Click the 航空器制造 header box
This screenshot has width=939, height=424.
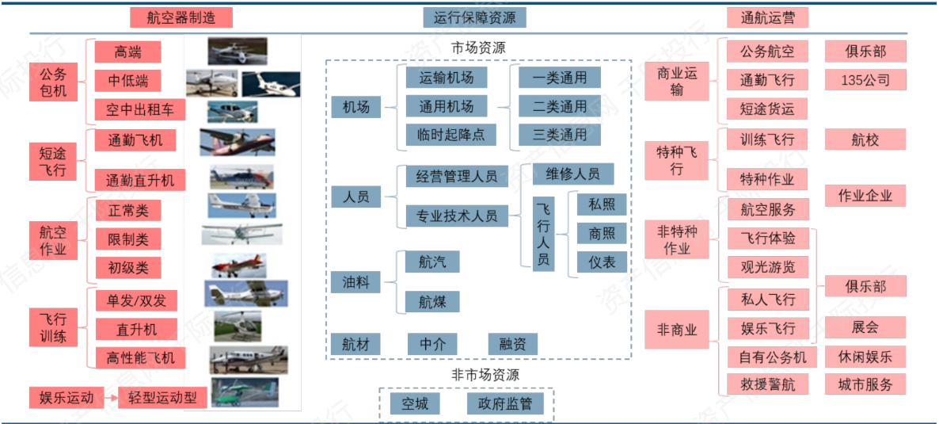[181, 17]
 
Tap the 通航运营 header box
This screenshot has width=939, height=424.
[767, 17]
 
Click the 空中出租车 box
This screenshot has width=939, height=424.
[140, 109]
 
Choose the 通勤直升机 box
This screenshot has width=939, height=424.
[140, 181]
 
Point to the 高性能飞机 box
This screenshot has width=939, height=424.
[140, 358]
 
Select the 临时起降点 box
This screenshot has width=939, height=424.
[446, 136]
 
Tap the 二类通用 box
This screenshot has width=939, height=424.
[560, 106]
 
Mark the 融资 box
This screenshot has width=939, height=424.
[513, 344]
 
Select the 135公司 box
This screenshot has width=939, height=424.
[865, 80]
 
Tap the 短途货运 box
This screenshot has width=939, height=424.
[766, 109]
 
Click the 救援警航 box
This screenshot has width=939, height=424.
[766, 385]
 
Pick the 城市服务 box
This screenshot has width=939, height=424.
[865, 385]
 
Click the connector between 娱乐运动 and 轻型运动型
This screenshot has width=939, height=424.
[111, 398]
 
